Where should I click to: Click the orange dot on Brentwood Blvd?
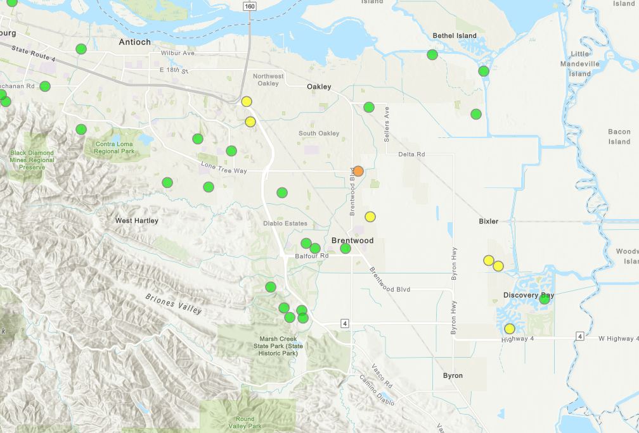358,171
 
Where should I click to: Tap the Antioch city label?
135,42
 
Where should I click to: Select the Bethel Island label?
454,35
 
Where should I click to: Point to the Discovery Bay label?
529,296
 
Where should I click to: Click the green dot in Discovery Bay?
545,299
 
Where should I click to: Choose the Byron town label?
453,375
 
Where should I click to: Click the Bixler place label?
489,222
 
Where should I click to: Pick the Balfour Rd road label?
312,256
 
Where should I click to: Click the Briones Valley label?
174,304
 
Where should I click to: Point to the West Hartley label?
137,221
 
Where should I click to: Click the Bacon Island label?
619,137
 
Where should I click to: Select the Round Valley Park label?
245,422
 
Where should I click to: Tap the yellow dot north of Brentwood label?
370,216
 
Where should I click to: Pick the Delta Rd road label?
411,154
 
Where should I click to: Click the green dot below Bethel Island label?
432,54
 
